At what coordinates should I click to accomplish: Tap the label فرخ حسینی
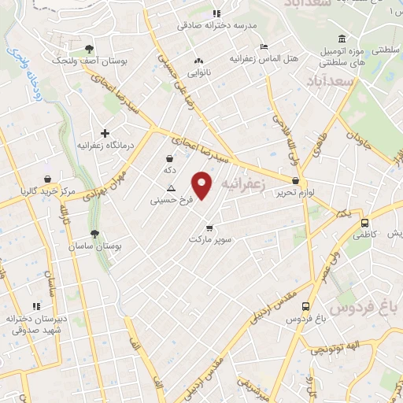pos(172,201)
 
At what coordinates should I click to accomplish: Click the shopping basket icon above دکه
pos(170,158)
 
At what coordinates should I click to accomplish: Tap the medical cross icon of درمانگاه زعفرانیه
pos(105,133)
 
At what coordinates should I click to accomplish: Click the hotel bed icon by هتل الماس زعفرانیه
pos(263,46)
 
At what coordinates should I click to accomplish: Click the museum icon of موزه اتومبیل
pos(342,39)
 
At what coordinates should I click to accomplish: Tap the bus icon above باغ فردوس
pos(305,307)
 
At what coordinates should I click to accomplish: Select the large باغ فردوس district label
pos(367,303)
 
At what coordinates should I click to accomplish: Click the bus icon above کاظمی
pos(364,222)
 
